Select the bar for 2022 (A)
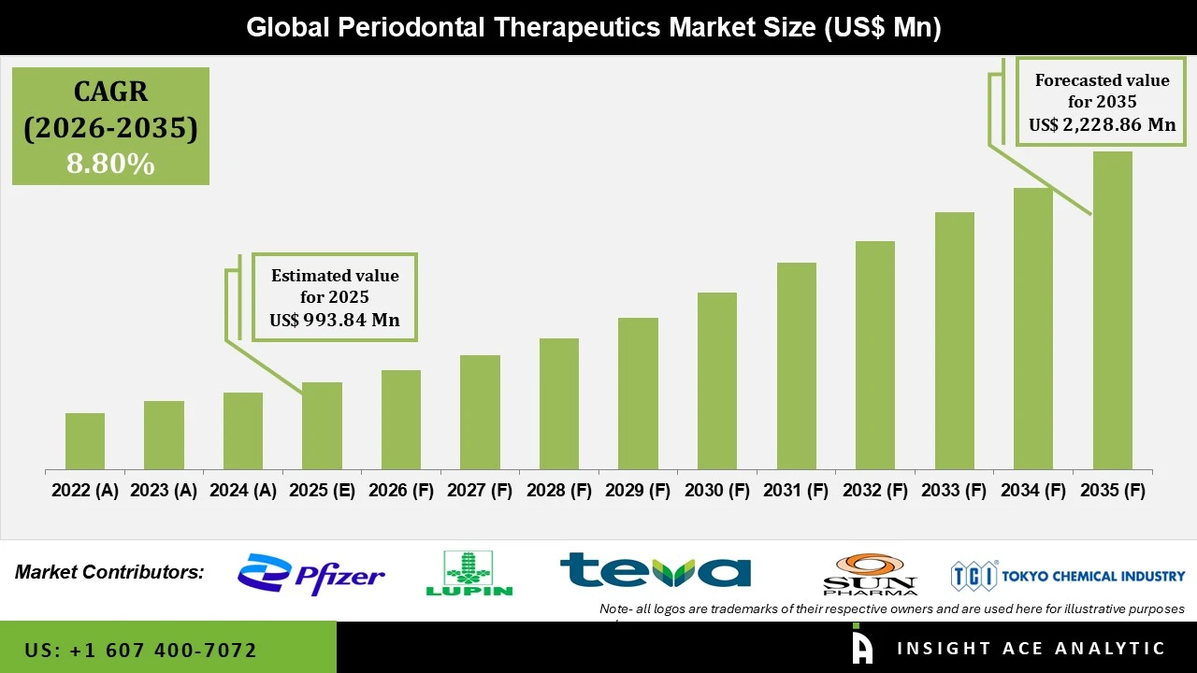(85, 441)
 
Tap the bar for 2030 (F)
(717, 380)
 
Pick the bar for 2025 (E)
(322, 425)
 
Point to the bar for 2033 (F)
(954, 340)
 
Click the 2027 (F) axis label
(480, 491)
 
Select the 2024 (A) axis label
(243, 491)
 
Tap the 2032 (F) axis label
(875, 491)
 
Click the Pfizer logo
(310, 574)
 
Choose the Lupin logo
(469, 573)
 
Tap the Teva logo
(655, 570)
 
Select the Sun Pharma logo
(870, 574)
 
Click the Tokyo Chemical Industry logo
(1067, 576)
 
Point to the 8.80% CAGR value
(110, 164)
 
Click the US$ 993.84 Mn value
(335, 320)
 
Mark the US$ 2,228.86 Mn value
(1102, 125)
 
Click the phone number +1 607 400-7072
(140, 650)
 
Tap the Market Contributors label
(109, 572)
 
